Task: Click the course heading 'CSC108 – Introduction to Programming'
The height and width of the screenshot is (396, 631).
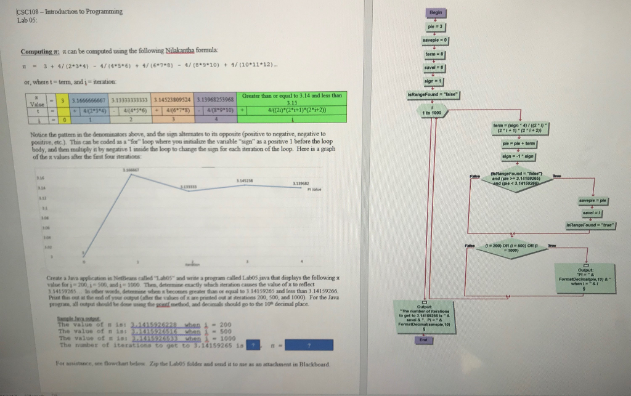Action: [70, 11]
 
